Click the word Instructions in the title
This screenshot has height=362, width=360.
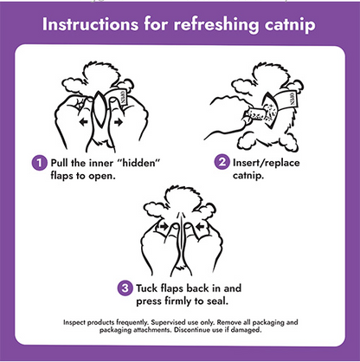[90, 24]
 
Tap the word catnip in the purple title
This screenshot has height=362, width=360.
[290, 25]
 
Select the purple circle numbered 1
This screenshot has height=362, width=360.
[39, 163]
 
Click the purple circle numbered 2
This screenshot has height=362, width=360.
[222, 162]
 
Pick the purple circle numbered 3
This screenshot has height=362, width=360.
[125, 288]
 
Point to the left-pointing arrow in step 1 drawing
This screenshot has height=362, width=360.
[84, 122]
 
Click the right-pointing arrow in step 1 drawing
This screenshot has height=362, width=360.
[119, 122]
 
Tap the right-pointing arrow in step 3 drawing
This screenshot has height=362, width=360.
[164, 227]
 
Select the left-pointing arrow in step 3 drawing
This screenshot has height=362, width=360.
[200, 227]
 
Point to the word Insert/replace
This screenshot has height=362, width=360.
[267, 163]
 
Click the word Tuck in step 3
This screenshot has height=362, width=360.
[147, 288]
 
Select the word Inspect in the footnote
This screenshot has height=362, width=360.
[74, 322]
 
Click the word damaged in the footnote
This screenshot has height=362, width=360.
[247, 330]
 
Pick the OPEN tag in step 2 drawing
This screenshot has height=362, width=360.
[291, 99]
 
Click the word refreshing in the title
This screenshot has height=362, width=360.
[216, 25]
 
